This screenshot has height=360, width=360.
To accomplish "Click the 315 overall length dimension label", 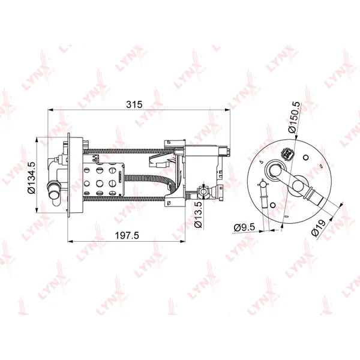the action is click(x=134, y=104).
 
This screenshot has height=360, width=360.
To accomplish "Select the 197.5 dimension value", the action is click(x=127, y=235).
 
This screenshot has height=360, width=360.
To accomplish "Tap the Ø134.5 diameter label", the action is click(x=31, y=178).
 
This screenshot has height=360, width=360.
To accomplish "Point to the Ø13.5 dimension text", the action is click(x=198, y=215).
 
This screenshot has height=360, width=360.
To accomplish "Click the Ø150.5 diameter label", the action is click(x=295, y=117).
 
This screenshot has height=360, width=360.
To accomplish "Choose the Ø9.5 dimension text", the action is click(x=244, y=227).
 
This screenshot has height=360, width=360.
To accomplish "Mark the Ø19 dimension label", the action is click(x=319, y=228).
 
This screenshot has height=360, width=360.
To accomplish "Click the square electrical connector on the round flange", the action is click(x=286, y=153).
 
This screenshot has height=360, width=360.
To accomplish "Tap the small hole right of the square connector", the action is click(x=306, y=157).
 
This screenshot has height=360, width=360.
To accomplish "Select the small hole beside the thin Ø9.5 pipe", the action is click(x=273, y=205).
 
